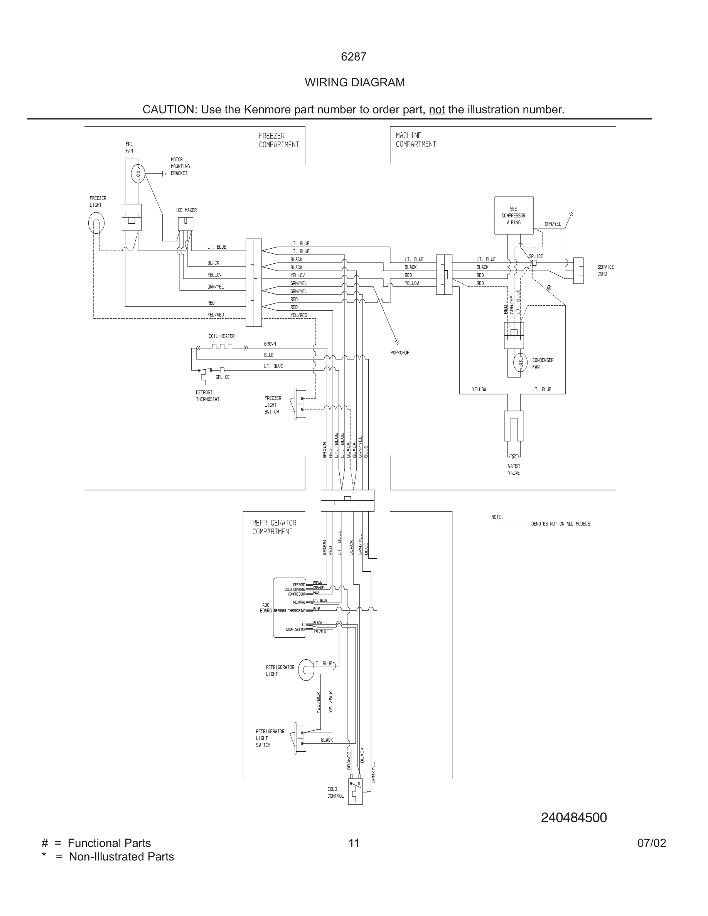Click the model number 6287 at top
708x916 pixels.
tap(354, 57)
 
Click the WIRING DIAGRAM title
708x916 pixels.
tap(354, 82)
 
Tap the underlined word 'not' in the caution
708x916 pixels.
tap(437, 109)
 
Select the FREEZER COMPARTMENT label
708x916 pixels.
tap(278, 140)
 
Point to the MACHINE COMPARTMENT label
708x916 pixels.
tap(415, 140)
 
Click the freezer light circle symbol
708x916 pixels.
tap(96, 223)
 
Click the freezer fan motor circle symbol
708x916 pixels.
tap(138, 173)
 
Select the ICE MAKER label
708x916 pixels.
tap(186, 210)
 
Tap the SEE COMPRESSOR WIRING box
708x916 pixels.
tap(513, 216)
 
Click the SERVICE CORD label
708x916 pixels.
tap(605, 270)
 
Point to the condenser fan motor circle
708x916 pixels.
tap(520, 362)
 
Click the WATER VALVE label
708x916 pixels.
tap(513, 469)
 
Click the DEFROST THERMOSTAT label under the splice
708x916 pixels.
tap(207, 396)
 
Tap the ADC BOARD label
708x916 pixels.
tap(265, 608)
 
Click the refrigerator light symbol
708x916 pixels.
tap(306, 670)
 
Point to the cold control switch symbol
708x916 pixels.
tap(355, 791)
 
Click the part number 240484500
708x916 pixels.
tap(573, 817)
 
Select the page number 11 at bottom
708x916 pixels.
tap(354, 843)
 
